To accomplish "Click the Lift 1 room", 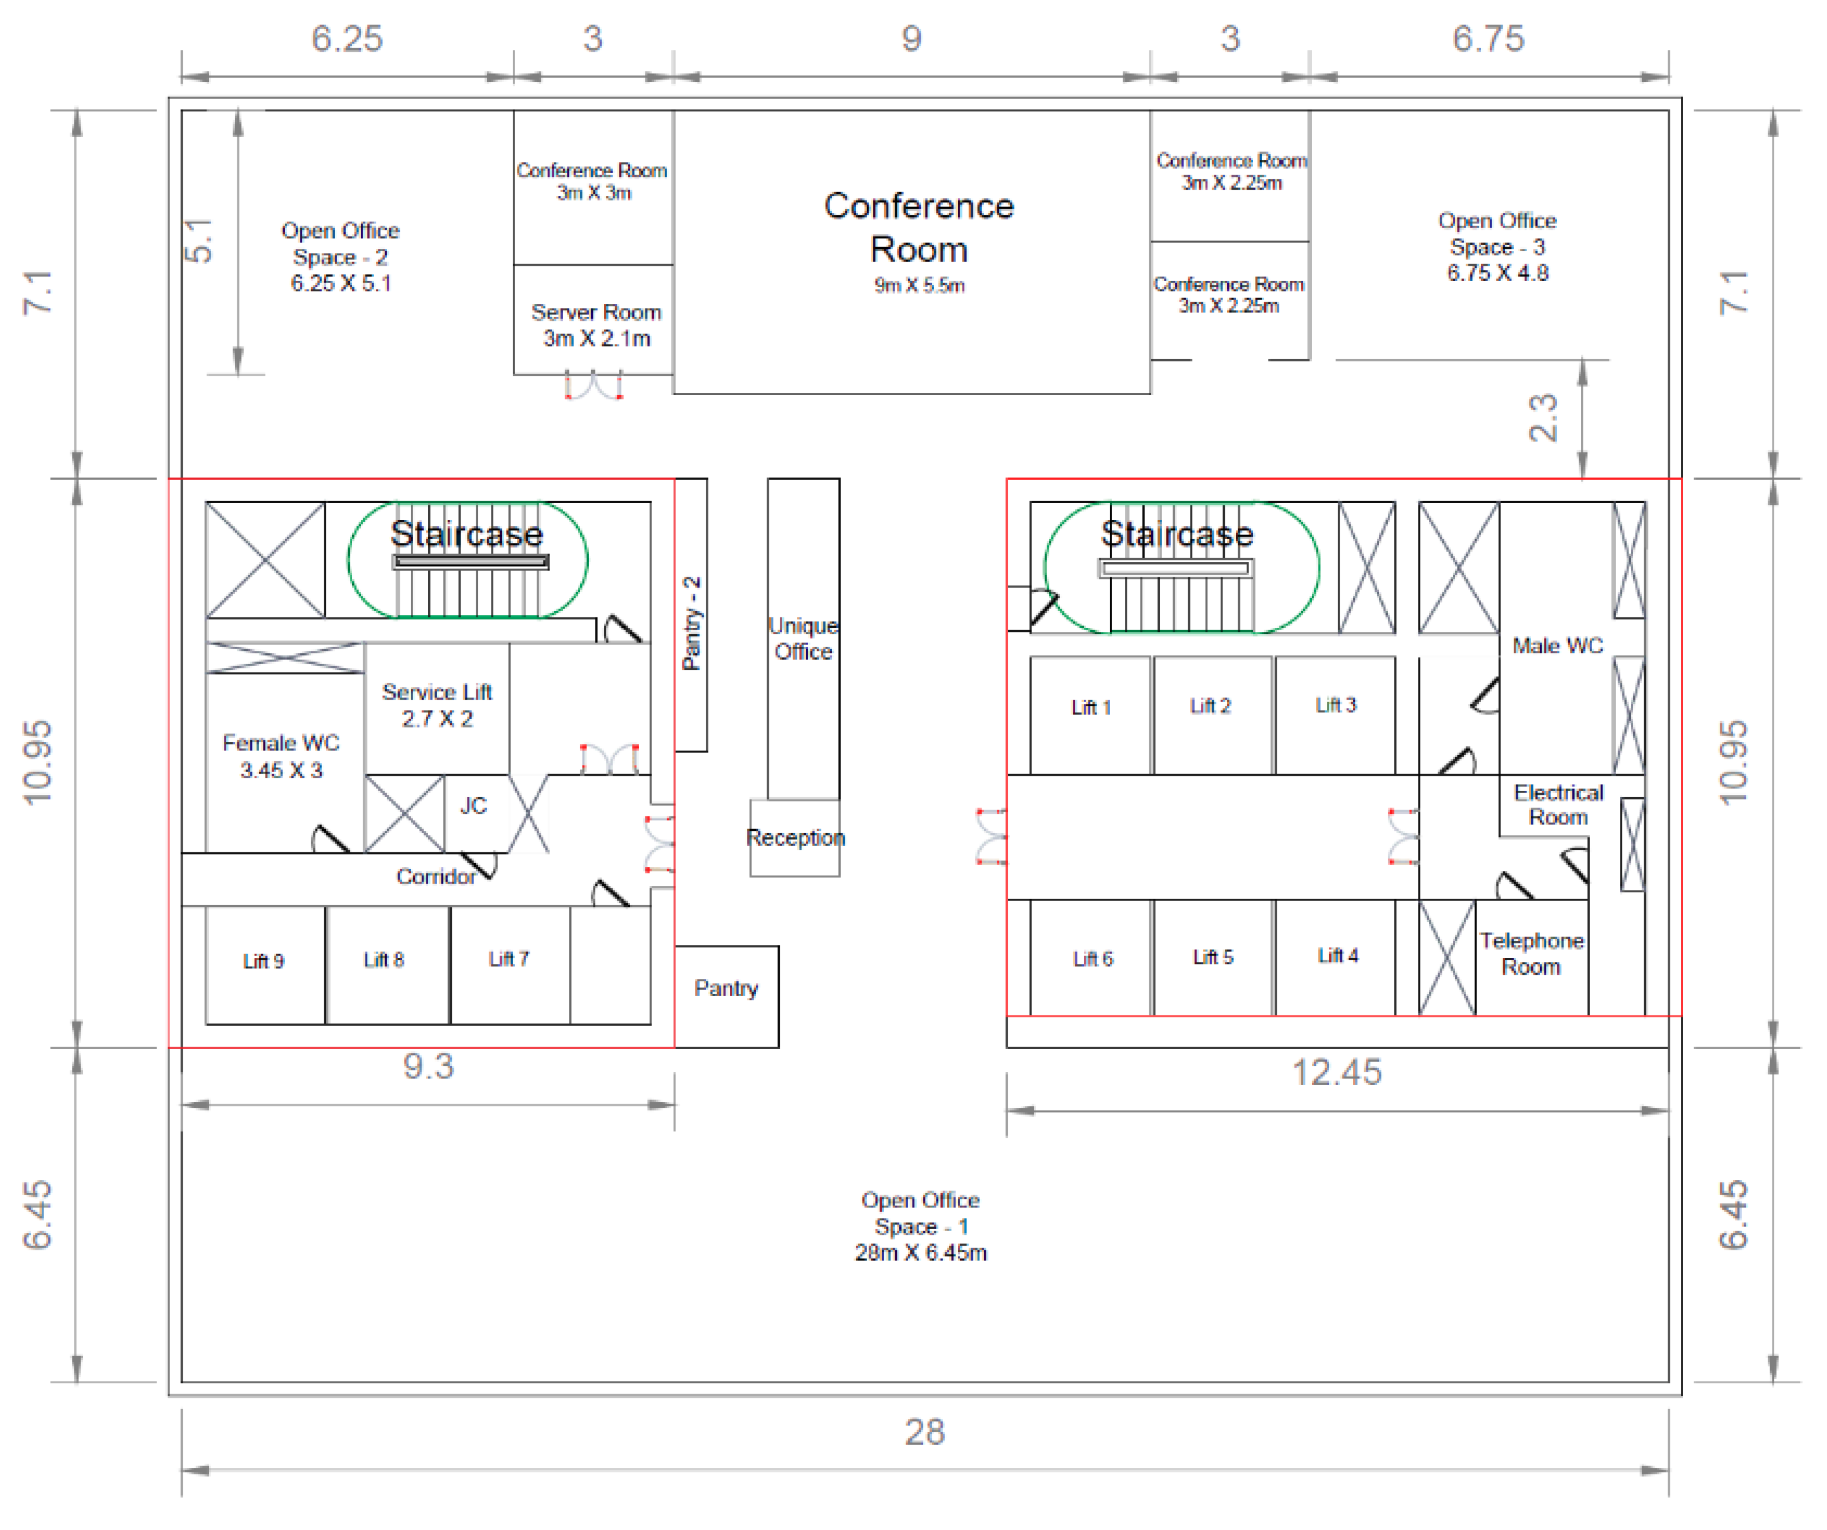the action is pos(1090,715).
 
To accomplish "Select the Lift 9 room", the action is pos(265,965).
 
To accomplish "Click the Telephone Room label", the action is pos(1531,953).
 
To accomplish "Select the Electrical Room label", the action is pos(1558,805).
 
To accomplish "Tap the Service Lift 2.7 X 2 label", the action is pos(437,704).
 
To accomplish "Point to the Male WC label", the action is pos(1557,645).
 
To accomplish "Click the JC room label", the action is pos(473,805).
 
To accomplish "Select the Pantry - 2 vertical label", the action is pos(692,623).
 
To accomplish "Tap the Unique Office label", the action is pos(803,638).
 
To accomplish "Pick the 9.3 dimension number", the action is pos(428,1065).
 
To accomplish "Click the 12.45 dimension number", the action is pos(1336,1072).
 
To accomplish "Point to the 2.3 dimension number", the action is pos(1543,418).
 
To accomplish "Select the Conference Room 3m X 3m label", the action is pos(592,181).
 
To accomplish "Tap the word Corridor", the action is pos(436,876).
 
